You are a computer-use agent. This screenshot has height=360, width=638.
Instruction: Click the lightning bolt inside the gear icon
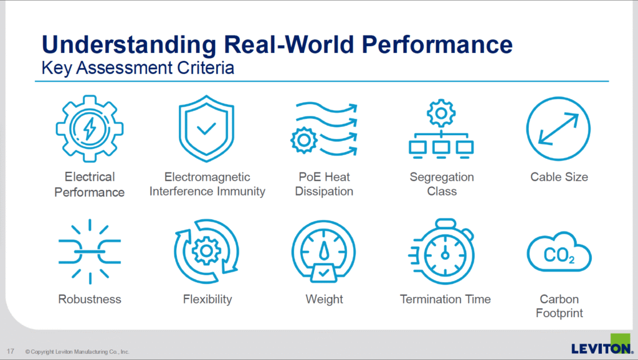click(x=90, y=128)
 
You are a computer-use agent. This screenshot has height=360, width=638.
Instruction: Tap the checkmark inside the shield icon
click(x=206, y=129)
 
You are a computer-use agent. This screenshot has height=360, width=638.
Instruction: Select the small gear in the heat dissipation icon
click(x=304, y=140)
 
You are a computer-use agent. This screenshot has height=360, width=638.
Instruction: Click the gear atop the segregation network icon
click(x=441, y=113)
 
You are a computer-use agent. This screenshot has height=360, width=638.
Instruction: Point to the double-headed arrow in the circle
click(x=558, y=129)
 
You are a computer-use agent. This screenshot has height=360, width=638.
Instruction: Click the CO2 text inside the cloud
click(x=559, y=255)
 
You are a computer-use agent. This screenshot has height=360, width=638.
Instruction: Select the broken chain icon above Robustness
click(x=90, y=252)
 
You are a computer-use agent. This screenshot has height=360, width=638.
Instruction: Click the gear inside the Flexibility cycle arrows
click(x=206, y=250)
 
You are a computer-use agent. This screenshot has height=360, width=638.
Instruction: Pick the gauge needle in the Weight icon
click(x=324, y=250)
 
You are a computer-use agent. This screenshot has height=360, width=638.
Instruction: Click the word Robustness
click(x=90, y=299)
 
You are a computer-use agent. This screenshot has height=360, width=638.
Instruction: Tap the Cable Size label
click(x=559, y=177)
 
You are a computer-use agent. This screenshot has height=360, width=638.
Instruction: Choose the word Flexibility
click(x=207, y=300)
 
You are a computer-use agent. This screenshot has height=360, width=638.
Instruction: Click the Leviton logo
click(x=602, y=345)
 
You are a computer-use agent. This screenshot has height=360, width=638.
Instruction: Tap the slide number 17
click(x=10, y=351)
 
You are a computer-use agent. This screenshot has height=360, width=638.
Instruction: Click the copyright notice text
click(x=77, y=351)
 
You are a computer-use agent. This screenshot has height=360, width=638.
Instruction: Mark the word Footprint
click(x=559, y=313)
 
